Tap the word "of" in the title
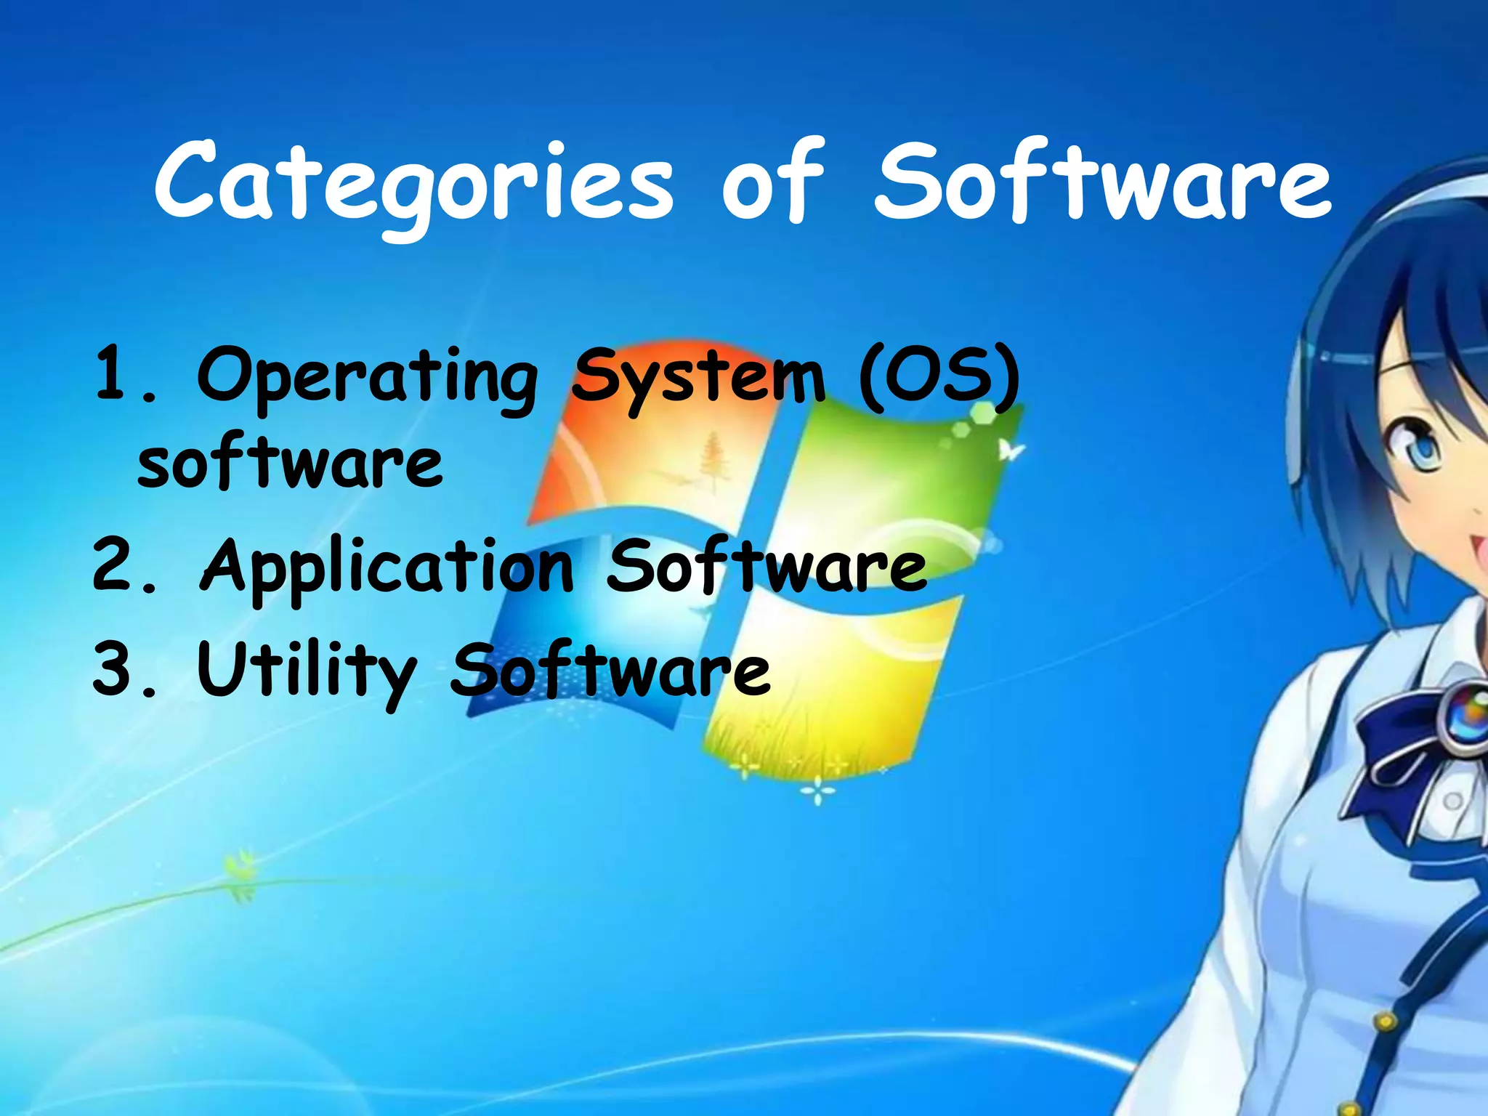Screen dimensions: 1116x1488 [774, 182]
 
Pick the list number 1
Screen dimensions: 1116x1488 [113, 374]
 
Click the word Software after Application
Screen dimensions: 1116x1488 [767, 567]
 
